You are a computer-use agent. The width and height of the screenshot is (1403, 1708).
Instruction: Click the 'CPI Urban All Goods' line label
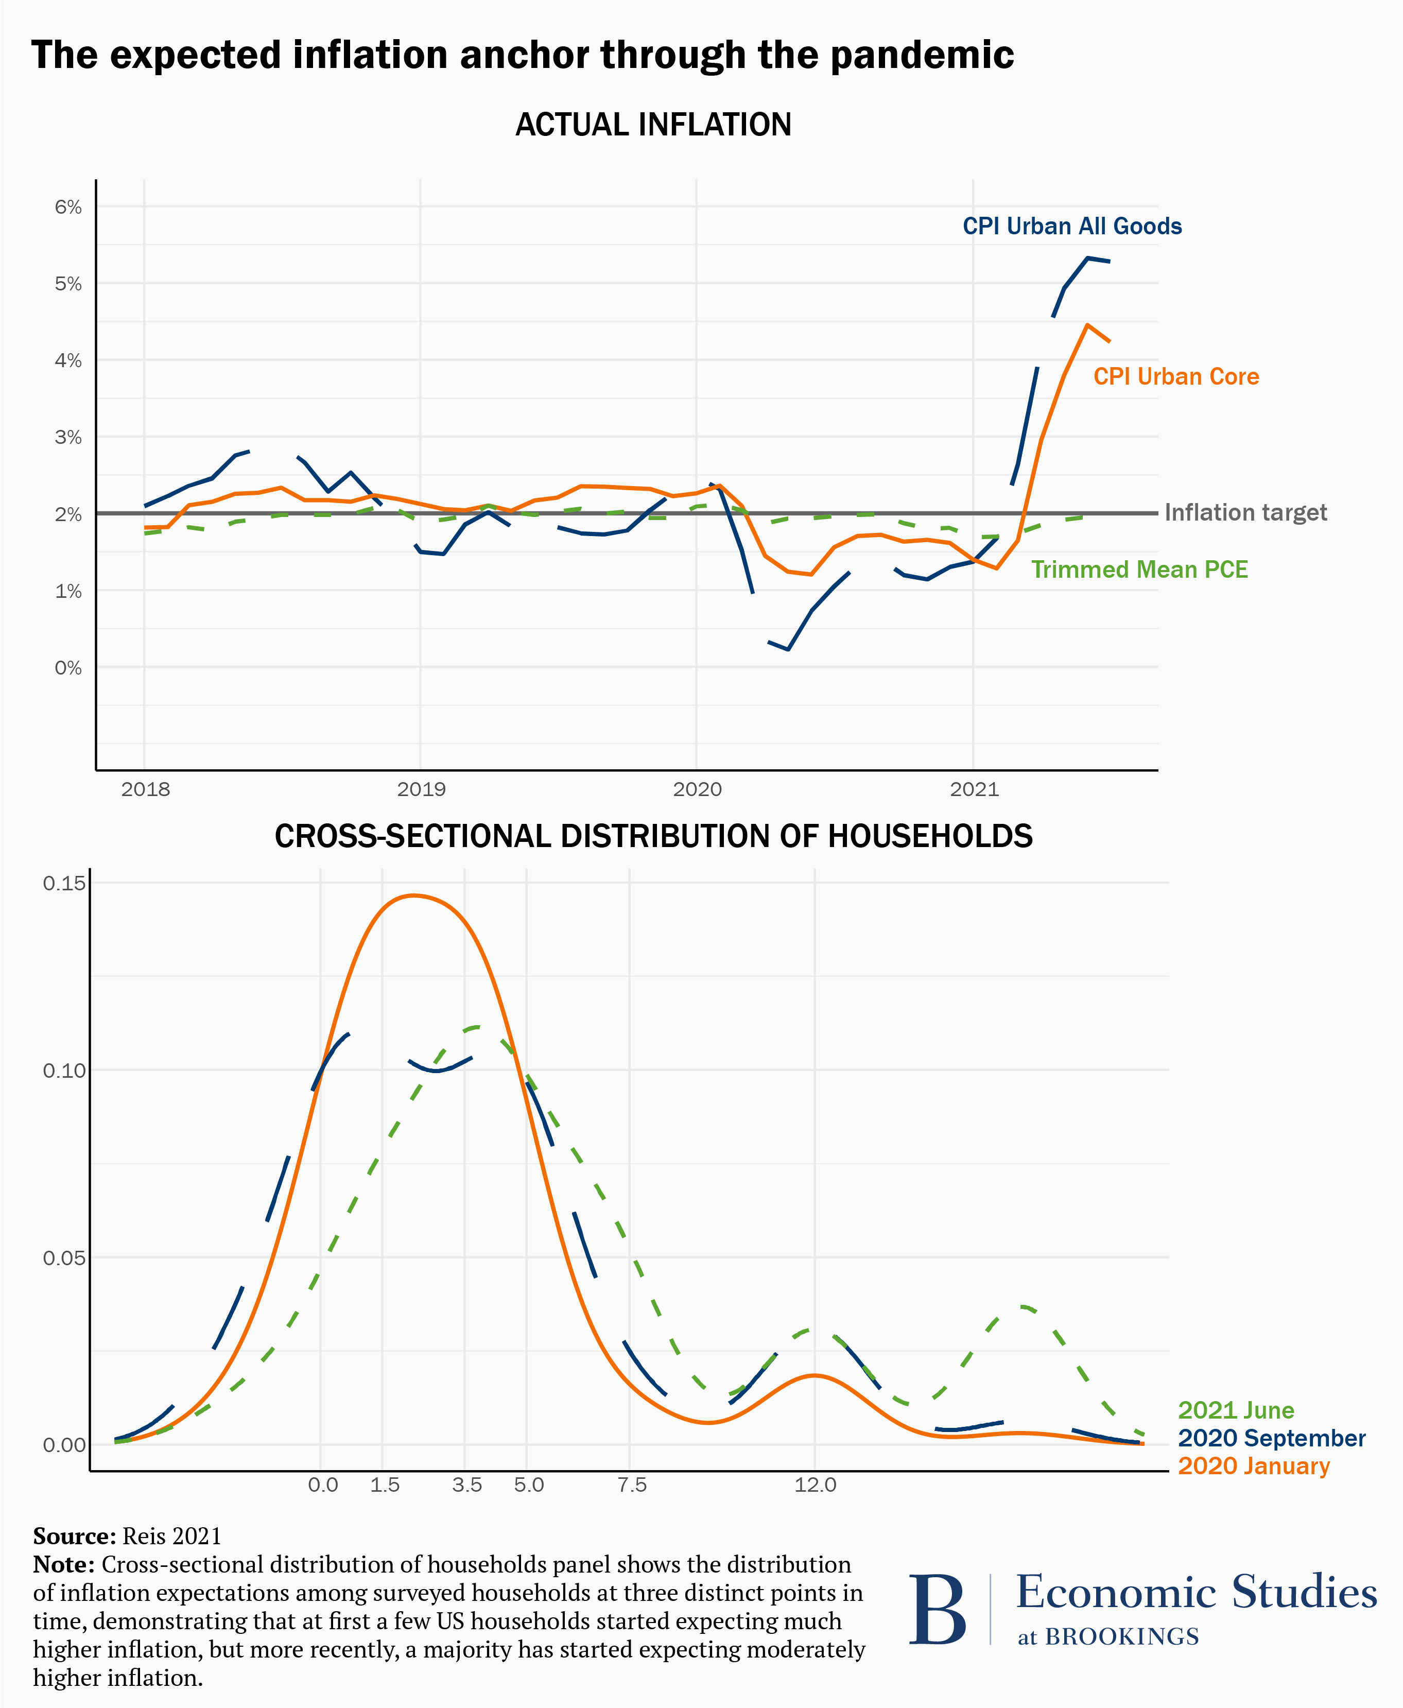coord(1071,227)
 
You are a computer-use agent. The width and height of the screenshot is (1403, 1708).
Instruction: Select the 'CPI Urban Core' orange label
coord(1176,377)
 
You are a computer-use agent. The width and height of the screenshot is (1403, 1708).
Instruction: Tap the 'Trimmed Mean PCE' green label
coord(1139,570)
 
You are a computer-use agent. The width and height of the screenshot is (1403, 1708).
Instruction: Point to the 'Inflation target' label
coord(1245,512)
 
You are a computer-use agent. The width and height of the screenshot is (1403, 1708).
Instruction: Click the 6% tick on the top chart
coord(68,208)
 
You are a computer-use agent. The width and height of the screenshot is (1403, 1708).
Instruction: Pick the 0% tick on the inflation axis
coord(68,668)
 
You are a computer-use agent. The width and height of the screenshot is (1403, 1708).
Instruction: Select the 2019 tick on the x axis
coord(421,790)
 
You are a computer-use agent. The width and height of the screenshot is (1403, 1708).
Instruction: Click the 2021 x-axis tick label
coord(974,790)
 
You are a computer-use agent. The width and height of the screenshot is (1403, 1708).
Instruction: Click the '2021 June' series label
coord(1236,1410)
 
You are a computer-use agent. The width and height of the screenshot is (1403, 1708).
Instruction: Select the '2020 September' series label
coord(1271,1438)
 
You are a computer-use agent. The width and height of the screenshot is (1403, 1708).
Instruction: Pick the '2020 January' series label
coord(1254,1465)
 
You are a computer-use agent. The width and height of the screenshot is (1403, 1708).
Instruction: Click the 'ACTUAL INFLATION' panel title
coord(653,125)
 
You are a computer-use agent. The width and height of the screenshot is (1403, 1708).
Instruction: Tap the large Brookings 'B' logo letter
coord(938,1609)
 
